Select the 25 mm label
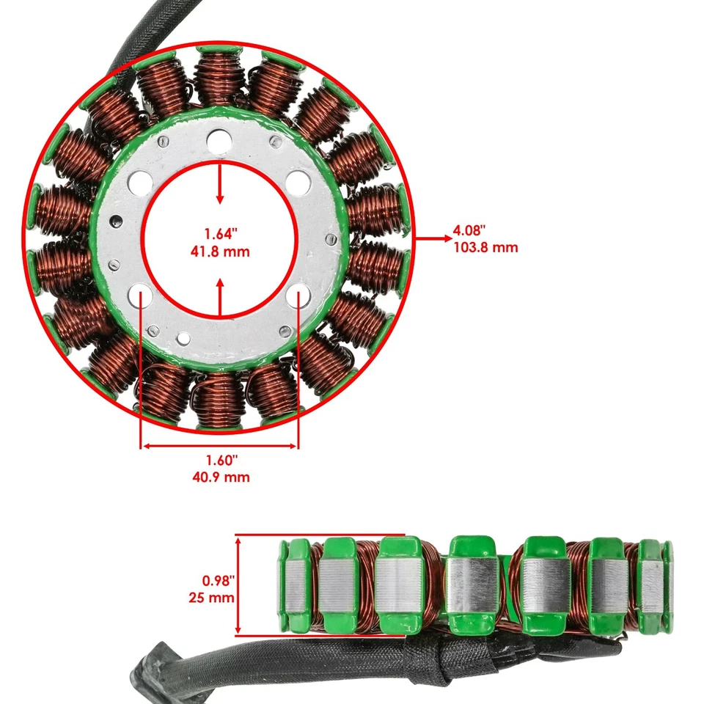[211, 598]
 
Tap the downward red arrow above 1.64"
[219, 187]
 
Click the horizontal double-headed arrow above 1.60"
[219, 445]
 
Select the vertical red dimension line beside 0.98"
[238, 585]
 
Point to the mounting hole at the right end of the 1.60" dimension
[298, 295]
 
